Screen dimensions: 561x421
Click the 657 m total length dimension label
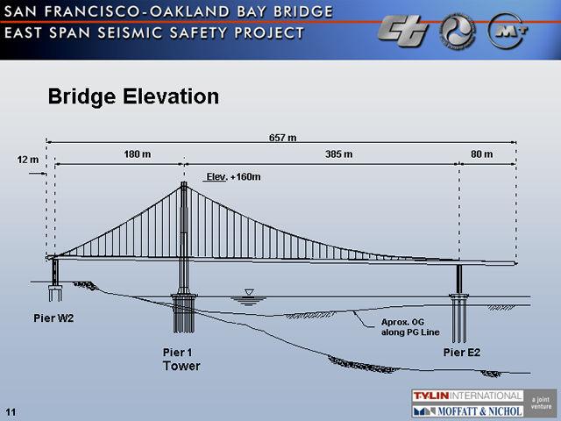282,138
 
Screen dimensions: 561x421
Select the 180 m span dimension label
138,154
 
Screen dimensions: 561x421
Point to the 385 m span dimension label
339,154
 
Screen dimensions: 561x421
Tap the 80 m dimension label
481,154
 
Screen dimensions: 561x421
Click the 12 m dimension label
27,160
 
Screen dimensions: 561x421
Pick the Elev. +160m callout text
233,177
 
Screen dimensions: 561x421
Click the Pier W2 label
53,318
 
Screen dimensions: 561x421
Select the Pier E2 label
462,353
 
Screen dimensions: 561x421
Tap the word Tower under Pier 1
181,366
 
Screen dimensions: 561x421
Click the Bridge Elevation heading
133,96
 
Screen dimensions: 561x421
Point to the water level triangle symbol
249,292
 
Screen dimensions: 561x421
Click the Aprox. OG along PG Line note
410,327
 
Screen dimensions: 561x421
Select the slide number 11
11,412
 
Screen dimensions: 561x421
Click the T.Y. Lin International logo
467,396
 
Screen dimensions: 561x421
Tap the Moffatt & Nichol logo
467,410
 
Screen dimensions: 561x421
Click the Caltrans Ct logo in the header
403,32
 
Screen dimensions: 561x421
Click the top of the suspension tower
184,182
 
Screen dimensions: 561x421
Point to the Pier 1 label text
177,353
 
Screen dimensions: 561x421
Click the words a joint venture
541,403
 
